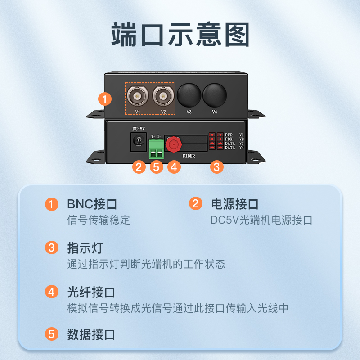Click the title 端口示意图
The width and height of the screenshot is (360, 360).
[x=180, y=35]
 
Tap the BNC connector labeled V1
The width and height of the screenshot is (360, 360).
[x=138, y=96]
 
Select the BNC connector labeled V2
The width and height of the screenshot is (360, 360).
[x=163, y=96]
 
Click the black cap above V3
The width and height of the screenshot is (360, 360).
[x=189, y=95]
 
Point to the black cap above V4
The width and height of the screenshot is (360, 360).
[x=215, y=95]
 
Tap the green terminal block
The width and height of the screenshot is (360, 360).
[x=156, y=149]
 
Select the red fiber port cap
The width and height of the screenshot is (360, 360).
[x=174, y=144]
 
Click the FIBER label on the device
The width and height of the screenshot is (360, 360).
[x=189, y=156]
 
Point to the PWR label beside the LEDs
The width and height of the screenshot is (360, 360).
[x=229, y=135]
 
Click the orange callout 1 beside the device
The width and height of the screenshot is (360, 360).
[x=105, y=99]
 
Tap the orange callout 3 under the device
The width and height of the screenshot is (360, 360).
[x=217, y=166]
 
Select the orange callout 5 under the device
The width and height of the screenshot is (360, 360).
[x=156, y=166]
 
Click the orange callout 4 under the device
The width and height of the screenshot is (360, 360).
[x=174, y=166]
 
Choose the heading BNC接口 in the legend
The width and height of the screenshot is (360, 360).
[x=92, y=204]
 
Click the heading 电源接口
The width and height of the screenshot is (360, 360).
[x=235, y=204]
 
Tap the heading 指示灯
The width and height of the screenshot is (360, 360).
[x=85, y=248]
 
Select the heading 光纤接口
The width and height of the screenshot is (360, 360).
[x=91, y=292]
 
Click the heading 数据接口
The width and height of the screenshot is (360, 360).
[x=91, y=334]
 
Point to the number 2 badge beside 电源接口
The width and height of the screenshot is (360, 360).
[x=196, y=203]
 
